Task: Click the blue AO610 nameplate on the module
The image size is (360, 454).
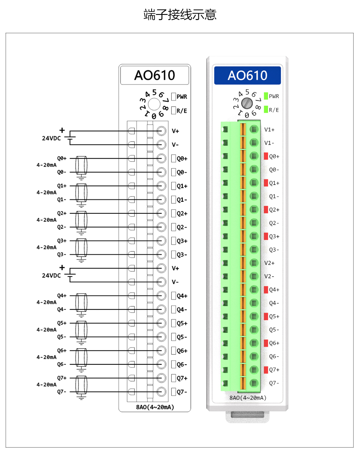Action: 247,75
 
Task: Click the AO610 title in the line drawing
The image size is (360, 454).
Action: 155,75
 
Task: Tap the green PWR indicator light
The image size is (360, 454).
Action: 266,96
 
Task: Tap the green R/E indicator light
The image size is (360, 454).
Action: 266,109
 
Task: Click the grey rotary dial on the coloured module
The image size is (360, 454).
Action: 248,103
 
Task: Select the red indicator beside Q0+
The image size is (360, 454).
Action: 266,156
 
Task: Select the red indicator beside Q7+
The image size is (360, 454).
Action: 266,370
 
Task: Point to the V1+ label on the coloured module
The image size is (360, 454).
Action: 270,130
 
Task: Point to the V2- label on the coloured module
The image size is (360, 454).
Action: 270,276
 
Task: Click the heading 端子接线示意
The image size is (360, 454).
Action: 180,15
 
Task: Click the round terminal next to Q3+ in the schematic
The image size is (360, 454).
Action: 162,241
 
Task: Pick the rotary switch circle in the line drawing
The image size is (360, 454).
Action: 154,105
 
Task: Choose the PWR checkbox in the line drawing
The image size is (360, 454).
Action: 174,96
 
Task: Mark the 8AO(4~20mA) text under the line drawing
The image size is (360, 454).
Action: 155,407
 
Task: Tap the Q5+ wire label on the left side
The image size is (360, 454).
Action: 62,323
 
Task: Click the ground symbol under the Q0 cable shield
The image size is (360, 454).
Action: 82,176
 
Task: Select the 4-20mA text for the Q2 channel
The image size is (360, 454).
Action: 46,220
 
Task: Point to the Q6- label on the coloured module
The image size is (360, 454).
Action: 274,356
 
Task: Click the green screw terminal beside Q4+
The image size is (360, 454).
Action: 254,289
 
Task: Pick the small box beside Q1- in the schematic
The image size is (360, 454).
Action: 174,199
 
